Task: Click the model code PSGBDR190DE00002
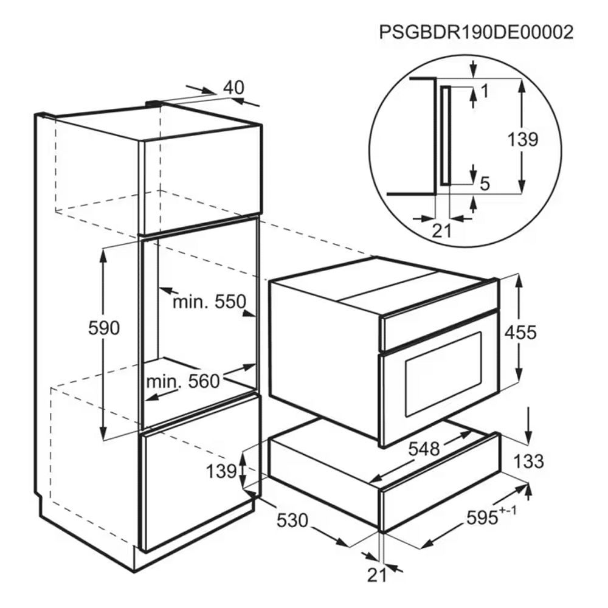pyautogui.click(x=476, y=33)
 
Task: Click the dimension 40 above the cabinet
pyautogui.click(x=234, y=88)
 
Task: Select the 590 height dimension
pyautogui.click(x=103, y=328)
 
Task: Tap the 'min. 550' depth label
pyautogui.click(x=209, y=302)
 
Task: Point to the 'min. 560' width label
pyautogui.click(x=183, y=382)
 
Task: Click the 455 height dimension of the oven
pyautogui.click(x=521, y=333)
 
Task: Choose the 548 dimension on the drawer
pyautogui.click(x=424, y=449)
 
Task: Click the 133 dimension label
pyautogui.click(x=528, y=461)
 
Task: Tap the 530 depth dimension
pyautogui.click(x=292, y=520)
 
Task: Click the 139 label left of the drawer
pyautogui.click(x=221, y=472)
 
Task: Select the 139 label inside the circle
pyautogui.click(x=523, y=140)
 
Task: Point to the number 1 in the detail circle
pyautogui.click(x=485, y=91)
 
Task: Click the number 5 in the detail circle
pyautogui.click(x=485, y=184)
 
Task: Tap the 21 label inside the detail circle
pyautogui.click(x=441, y=232)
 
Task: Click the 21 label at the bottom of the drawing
pyautogui.click(x=377, y=575)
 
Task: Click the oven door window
pyautogui.click(x=443, y=374)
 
